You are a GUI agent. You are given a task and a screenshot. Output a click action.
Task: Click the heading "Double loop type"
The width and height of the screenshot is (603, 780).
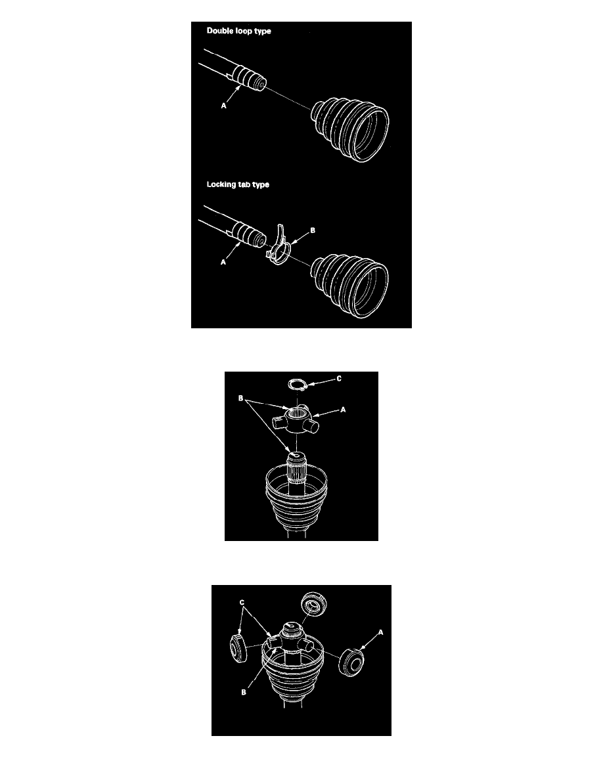coord(239,31)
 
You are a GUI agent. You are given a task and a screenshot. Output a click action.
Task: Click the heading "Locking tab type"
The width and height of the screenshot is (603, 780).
coord(238,184)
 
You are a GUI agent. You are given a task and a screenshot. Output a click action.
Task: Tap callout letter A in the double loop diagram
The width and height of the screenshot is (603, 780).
coord(224,106)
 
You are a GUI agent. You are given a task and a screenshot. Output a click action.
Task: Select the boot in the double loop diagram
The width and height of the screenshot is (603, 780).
coord(350,131)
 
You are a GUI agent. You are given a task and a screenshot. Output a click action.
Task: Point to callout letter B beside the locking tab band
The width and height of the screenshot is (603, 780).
coord(313,230)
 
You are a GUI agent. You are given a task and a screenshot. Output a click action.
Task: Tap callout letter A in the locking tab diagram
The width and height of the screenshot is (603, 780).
coord(223,262)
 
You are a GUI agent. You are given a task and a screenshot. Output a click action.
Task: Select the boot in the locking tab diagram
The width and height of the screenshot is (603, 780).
coord(349,286)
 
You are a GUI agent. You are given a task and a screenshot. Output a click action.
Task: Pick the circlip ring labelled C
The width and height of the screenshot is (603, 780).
coord(298,384)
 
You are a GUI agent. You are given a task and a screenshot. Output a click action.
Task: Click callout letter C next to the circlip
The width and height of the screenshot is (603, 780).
coord(339,379)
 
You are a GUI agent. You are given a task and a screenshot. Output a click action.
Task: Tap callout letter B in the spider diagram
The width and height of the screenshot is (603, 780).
coord(241,398)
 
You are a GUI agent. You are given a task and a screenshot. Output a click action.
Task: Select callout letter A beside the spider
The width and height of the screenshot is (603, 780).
coord(343,410)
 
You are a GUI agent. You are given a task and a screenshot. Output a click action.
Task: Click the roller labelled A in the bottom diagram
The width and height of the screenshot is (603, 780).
coord(351,662)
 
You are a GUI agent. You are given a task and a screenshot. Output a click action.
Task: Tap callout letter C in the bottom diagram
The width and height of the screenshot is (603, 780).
coord(242,603)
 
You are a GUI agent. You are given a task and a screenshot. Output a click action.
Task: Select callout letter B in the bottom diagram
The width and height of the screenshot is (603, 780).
coord(243,692)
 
